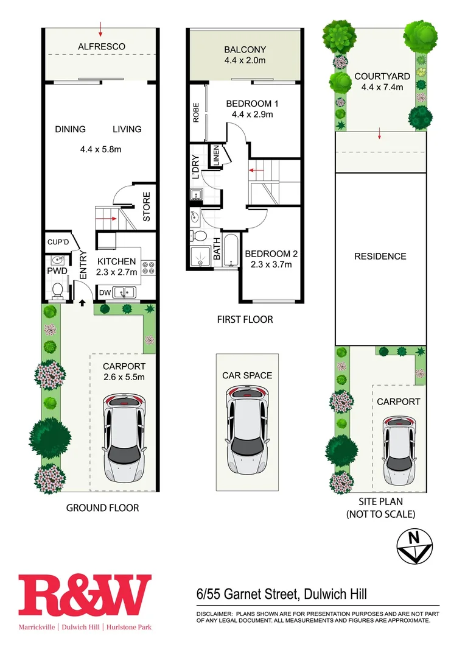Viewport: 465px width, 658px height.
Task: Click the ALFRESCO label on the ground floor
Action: pos(101,46)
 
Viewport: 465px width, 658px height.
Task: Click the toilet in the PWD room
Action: pos(57,291)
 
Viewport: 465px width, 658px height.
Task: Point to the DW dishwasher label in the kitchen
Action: pos(105,292)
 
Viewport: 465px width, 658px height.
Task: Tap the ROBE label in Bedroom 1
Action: pos(196,113)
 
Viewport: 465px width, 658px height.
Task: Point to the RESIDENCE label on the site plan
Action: pos(380,256)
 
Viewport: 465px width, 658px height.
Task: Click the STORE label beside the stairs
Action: pos(147,207)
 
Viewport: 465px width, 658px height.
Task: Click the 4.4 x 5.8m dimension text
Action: pos(101,149)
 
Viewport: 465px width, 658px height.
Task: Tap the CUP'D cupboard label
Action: pos(57,242)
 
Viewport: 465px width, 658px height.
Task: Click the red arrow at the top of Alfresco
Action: pos(100,27)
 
